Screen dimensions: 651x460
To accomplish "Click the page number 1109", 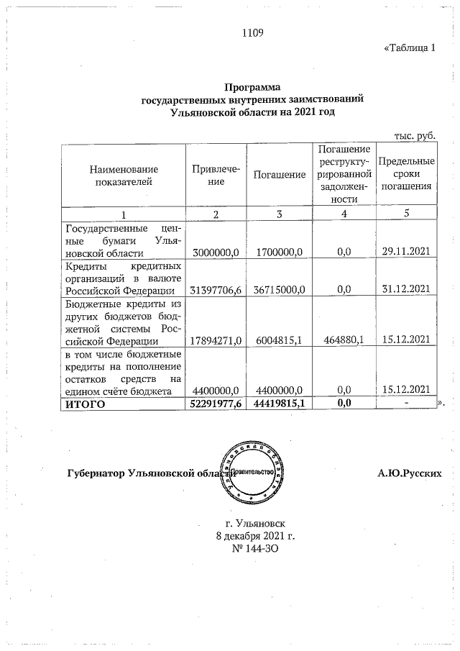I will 254,32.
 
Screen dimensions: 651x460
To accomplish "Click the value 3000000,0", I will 216,252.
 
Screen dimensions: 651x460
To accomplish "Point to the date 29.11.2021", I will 406,252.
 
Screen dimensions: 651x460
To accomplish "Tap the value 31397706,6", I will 216,290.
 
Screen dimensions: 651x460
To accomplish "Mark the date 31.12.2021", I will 406,290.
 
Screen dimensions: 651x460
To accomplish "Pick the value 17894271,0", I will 216,340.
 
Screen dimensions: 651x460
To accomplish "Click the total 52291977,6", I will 216,404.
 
